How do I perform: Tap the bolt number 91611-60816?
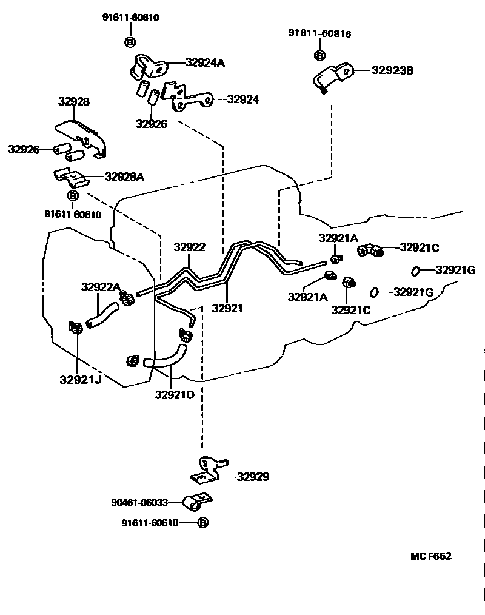click(319, 34)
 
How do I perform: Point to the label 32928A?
click(124, 177)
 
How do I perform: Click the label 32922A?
click(101, 287)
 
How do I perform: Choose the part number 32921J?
click(80, 380)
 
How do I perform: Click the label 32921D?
click(175, 395)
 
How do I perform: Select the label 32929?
click(253, 477)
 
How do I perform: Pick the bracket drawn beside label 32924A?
click(147, 66)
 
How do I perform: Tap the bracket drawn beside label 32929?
click(209, 470)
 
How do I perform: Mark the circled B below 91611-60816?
click(319, 55)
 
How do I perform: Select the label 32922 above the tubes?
click(189, 247)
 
